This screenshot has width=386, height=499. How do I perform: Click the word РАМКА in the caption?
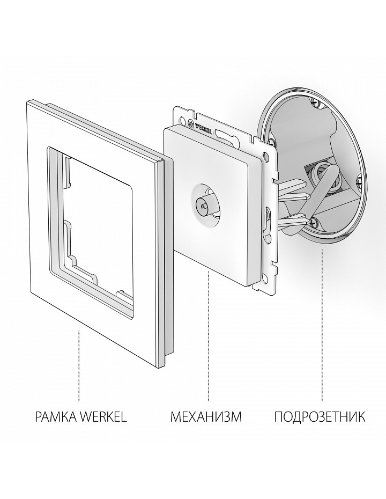click(x=55, y=416)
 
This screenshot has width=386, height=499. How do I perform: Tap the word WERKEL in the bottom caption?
click(x=103, y=416)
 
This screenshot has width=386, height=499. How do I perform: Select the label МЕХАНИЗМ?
click(x=206, y=416)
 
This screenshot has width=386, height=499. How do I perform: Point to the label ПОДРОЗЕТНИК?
click(x=320, y=416)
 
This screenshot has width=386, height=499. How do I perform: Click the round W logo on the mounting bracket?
click(x=190, y=122)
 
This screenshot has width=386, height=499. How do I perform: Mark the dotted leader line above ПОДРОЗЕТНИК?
click(x=322, y=324)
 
